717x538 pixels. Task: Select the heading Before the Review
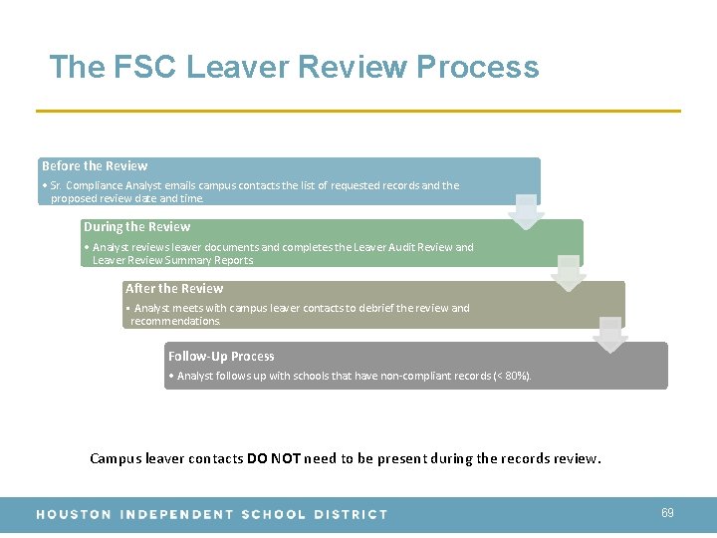(95, 165)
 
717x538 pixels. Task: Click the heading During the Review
(136, 227)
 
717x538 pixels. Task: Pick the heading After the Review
(174, 289)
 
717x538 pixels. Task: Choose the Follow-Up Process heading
(221, 356)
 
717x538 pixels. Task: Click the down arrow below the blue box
(526, 212)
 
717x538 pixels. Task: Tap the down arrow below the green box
(568, 273)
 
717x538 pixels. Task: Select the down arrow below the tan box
(609, 336)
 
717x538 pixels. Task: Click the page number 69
(667, 513)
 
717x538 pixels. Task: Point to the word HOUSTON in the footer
(73, 514)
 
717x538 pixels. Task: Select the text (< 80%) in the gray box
(512, 377)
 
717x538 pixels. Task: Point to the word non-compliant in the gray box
(398, 377)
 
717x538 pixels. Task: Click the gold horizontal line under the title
(358, 111)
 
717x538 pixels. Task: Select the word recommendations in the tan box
(175, 322)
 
